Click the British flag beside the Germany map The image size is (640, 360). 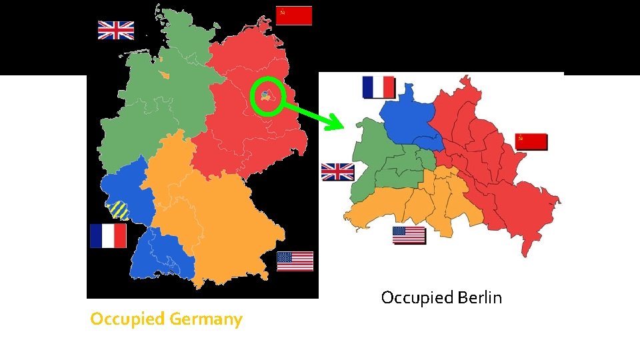116,30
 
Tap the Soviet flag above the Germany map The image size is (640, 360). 293,15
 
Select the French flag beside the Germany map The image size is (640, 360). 108,235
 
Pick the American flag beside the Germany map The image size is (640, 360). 295,261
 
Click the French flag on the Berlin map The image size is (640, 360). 379,87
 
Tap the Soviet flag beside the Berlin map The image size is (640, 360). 531,141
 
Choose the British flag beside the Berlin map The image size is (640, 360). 337,172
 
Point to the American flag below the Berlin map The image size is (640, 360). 409,235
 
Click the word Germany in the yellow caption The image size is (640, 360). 206,319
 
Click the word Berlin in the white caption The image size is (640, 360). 480,297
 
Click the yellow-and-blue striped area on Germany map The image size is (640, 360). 120,210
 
